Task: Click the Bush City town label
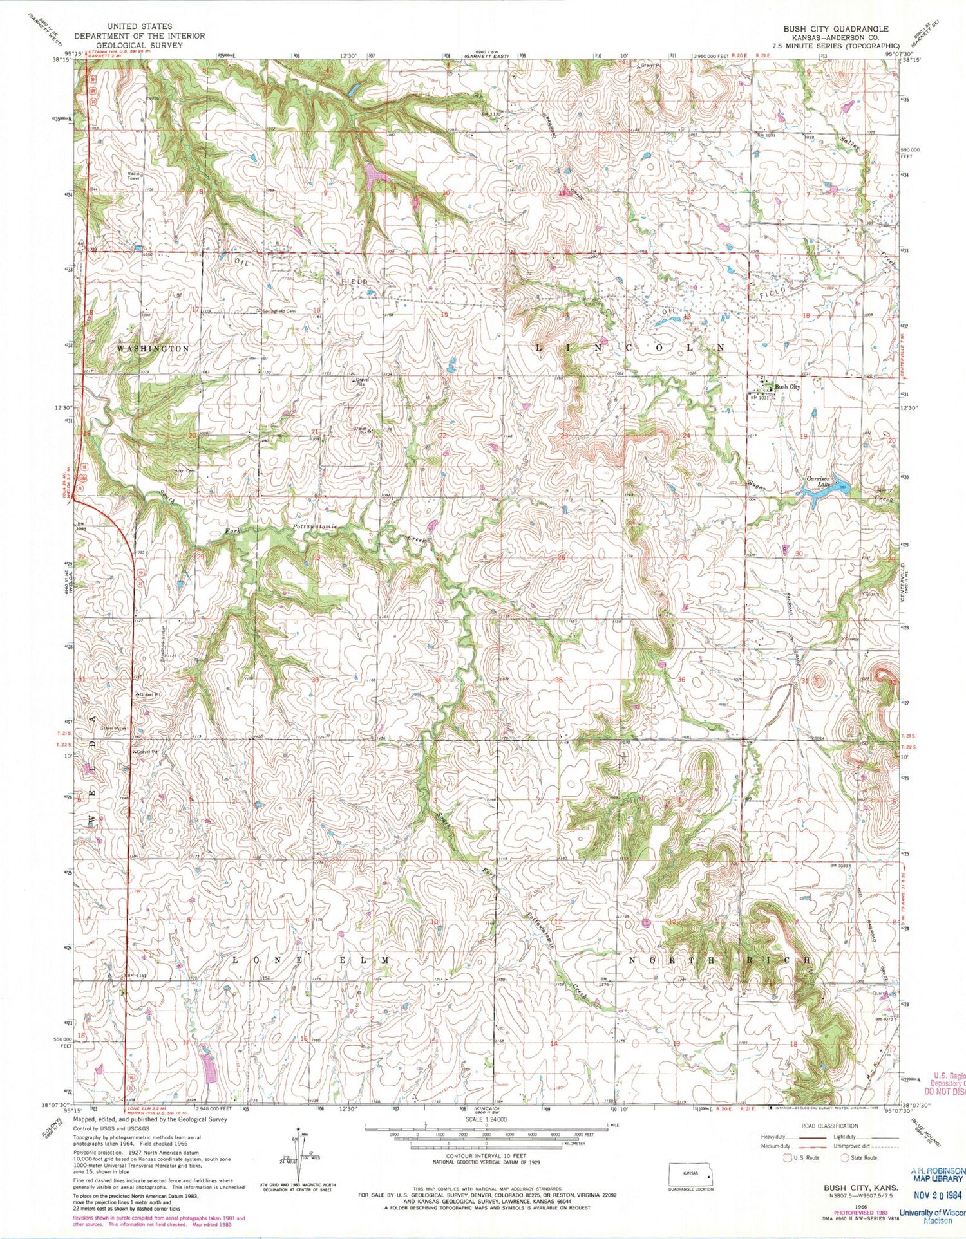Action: point(787,387)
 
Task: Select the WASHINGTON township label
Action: point(153,348)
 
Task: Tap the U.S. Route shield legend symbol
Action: point(787,1157)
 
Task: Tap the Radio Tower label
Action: point(133,176)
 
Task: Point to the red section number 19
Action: point(804,436)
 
